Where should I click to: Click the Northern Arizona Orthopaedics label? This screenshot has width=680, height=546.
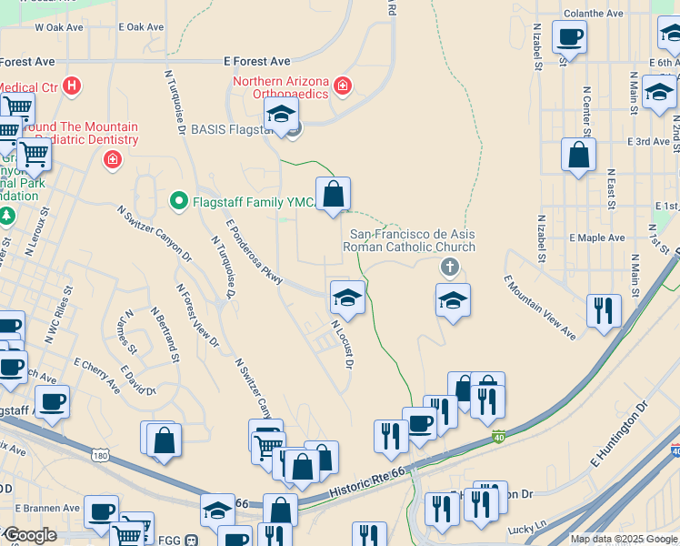[x=282, y=87]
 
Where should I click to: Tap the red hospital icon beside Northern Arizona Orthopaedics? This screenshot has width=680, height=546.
[x=343, y=87]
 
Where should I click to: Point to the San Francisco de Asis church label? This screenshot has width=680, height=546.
[x=408, y=240]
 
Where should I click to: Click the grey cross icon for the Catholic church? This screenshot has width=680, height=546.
[x=448, y=268]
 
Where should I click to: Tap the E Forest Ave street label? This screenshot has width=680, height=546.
[x=257, y=62]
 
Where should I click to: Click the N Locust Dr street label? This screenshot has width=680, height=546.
[x=342, y=344]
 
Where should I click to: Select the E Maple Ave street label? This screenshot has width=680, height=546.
[x=597, y=238]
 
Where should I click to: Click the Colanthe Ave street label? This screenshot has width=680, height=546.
[x=594, y=14]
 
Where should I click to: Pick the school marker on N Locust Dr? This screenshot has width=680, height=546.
[x=347, y=297]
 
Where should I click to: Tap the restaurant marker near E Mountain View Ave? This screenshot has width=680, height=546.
[x=604, y=310]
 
